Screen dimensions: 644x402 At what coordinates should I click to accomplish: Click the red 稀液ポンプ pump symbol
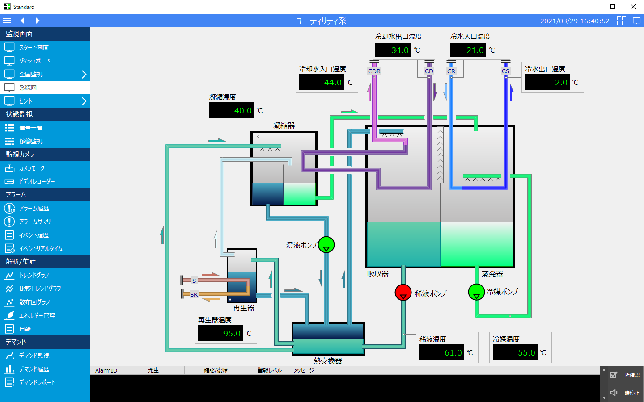(x=403, y=292)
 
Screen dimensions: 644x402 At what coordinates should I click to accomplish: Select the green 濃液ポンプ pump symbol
(x=326, y=244)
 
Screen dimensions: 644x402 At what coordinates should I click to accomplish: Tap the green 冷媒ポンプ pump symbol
(x=476, y=292)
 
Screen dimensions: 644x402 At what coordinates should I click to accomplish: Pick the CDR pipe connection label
(x=374, y=71)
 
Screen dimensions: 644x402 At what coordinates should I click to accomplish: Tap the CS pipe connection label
(x=505, y=71)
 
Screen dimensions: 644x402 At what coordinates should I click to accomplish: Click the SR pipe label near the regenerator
(x=194, y=294)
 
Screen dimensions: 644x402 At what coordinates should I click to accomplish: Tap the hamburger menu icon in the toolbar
(x=7, y=21)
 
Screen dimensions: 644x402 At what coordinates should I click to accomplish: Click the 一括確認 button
(x=625, y=375)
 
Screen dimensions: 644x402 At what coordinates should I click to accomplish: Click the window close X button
(x=633, y=7)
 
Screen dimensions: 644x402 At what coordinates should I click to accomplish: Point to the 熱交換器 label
(x=328, y=360)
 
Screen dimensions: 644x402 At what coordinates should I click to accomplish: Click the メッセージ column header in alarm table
(x=304, y=370)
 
